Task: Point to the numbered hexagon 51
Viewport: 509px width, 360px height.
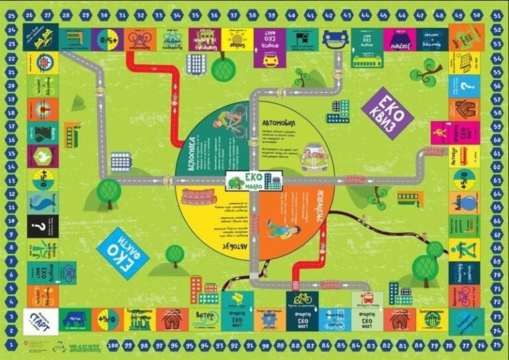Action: point(496,15)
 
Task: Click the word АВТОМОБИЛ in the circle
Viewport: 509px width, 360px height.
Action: point(283,123)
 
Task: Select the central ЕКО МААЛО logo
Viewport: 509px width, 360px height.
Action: point(254,180)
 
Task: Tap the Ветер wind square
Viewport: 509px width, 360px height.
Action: point(204,318)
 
